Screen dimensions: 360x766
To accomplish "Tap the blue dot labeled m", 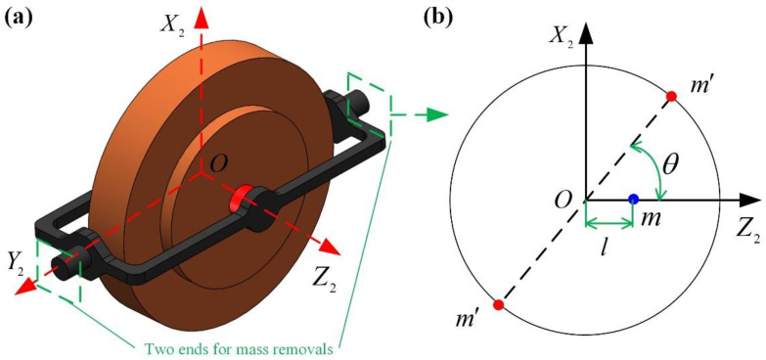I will coord(634,199).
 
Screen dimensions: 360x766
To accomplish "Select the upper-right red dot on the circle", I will coord(672,96).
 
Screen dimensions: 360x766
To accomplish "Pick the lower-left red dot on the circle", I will coord(498,305).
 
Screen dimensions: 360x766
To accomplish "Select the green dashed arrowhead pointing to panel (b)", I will coord(439,115).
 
